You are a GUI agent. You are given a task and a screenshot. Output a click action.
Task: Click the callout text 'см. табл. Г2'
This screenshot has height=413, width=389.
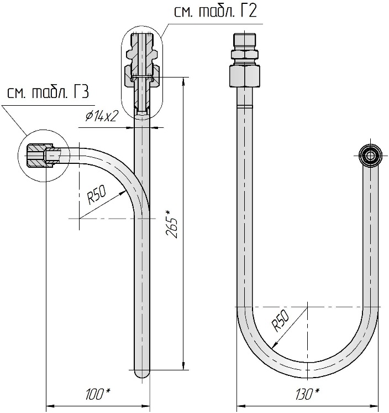click(215, 12)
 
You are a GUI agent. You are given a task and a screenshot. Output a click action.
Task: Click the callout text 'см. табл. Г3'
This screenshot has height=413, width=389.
click(48, 92)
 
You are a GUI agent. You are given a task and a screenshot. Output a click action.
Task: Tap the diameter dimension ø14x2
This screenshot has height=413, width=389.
click(101, 116)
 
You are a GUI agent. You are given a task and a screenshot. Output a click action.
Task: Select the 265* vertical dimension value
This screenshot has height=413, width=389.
click(172, 224)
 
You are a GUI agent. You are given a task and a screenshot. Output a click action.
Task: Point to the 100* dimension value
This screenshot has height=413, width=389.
click(97, 394)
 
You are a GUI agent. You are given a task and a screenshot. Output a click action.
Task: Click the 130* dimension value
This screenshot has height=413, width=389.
click(308, 394)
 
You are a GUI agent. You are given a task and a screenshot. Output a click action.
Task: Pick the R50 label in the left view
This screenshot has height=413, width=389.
click(97, 194)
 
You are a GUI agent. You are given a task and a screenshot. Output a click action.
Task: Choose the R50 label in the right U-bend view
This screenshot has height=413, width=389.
click(280, 320)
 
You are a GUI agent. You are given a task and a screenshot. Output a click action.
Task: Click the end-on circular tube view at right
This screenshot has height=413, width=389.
click(370, 156)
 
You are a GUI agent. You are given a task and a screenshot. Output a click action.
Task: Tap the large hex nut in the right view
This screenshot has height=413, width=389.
click(244, 76)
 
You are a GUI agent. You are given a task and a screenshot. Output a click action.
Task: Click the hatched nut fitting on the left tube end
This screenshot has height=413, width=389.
click(40, 156)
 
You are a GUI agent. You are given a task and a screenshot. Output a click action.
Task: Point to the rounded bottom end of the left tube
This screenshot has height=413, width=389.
click(142, 374)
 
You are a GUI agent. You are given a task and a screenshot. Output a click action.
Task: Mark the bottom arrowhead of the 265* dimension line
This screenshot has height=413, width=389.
click(183, 365)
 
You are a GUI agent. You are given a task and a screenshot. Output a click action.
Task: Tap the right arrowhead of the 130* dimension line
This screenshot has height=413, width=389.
click(374, 406)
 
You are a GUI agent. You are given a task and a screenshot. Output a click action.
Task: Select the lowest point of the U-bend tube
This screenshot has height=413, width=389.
click(308, 378)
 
